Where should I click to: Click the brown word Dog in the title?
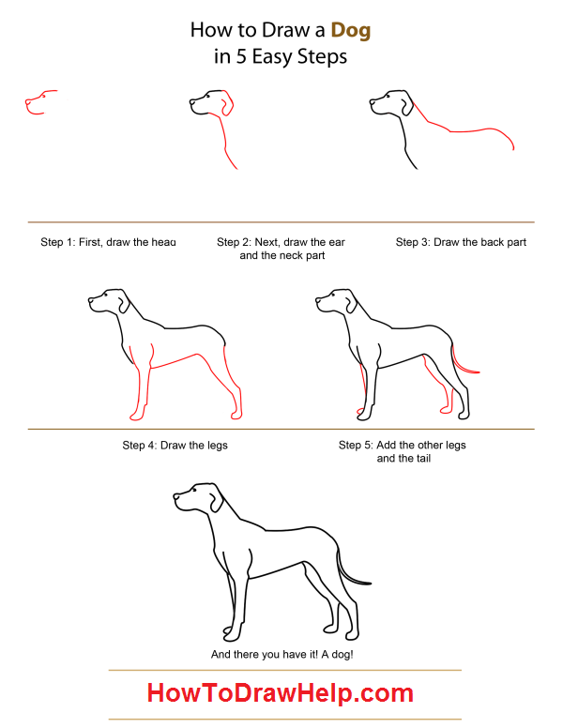click(x=351, y=29)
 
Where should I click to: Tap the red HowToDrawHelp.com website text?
click(x=280, y=694)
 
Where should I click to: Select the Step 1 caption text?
click(x=108, y=242)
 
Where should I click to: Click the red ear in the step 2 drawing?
click(x=225, y=104)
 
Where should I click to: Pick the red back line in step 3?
click(x=469, y=130)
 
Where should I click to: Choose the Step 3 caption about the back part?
click(x=461, y=242)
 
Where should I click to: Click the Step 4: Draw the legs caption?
click(x=175, y=445)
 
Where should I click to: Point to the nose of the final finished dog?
click(x=175, y=497)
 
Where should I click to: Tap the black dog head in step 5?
click(x=333, y=302)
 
